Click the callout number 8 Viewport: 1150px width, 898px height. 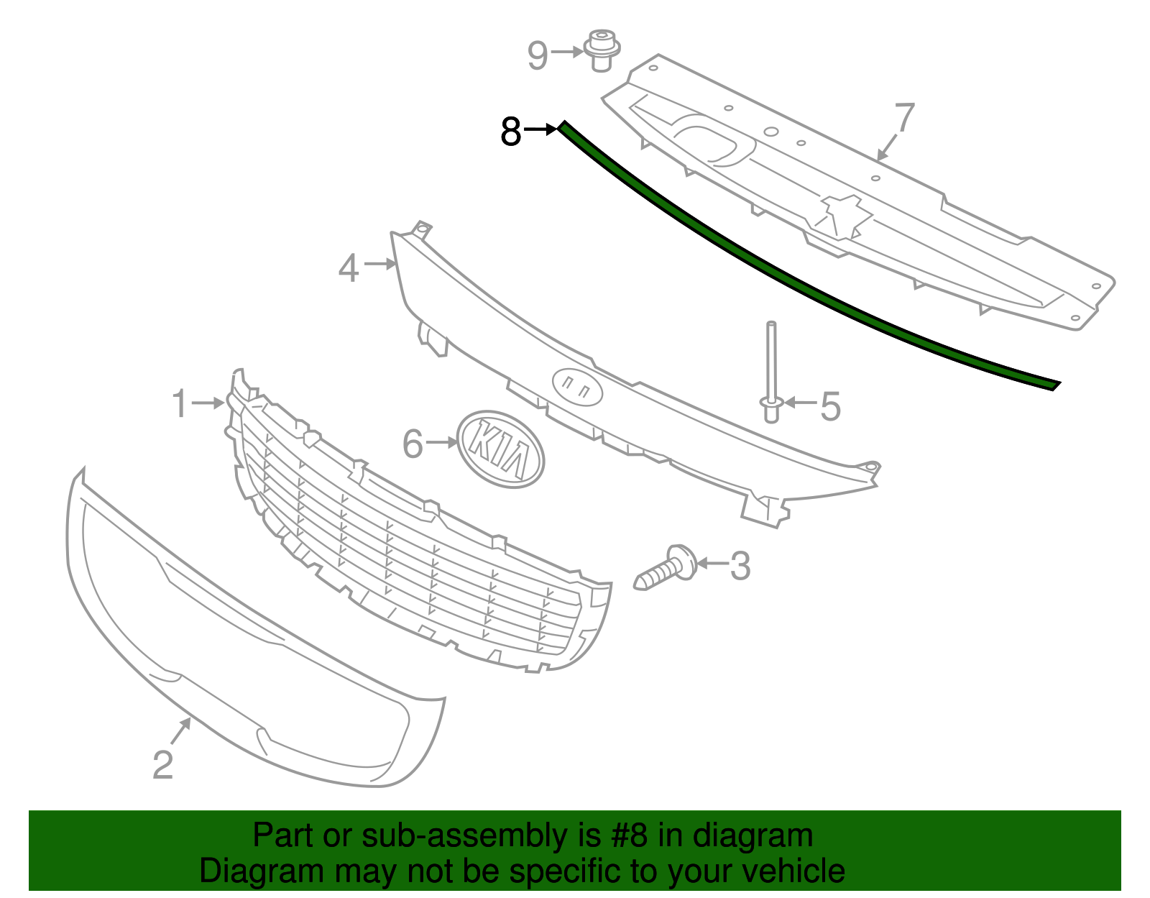[510, 132]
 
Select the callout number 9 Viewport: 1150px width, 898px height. [538, 55]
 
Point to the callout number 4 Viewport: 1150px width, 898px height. [349, 268]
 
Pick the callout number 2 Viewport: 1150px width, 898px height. [163, 764]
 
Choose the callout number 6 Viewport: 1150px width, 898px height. [413, 444]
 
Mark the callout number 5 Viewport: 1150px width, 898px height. [830, 406]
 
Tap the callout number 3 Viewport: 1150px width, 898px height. [740, 566]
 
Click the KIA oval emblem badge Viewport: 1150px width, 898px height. [501, 449]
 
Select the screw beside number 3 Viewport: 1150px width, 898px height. [666, 569]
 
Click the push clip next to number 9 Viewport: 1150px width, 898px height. [602, 50]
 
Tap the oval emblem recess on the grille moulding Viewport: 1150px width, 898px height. [577, 388]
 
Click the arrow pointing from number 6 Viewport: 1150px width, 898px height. [441, 443]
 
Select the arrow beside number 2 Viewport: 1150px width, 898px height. [180, 732]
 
